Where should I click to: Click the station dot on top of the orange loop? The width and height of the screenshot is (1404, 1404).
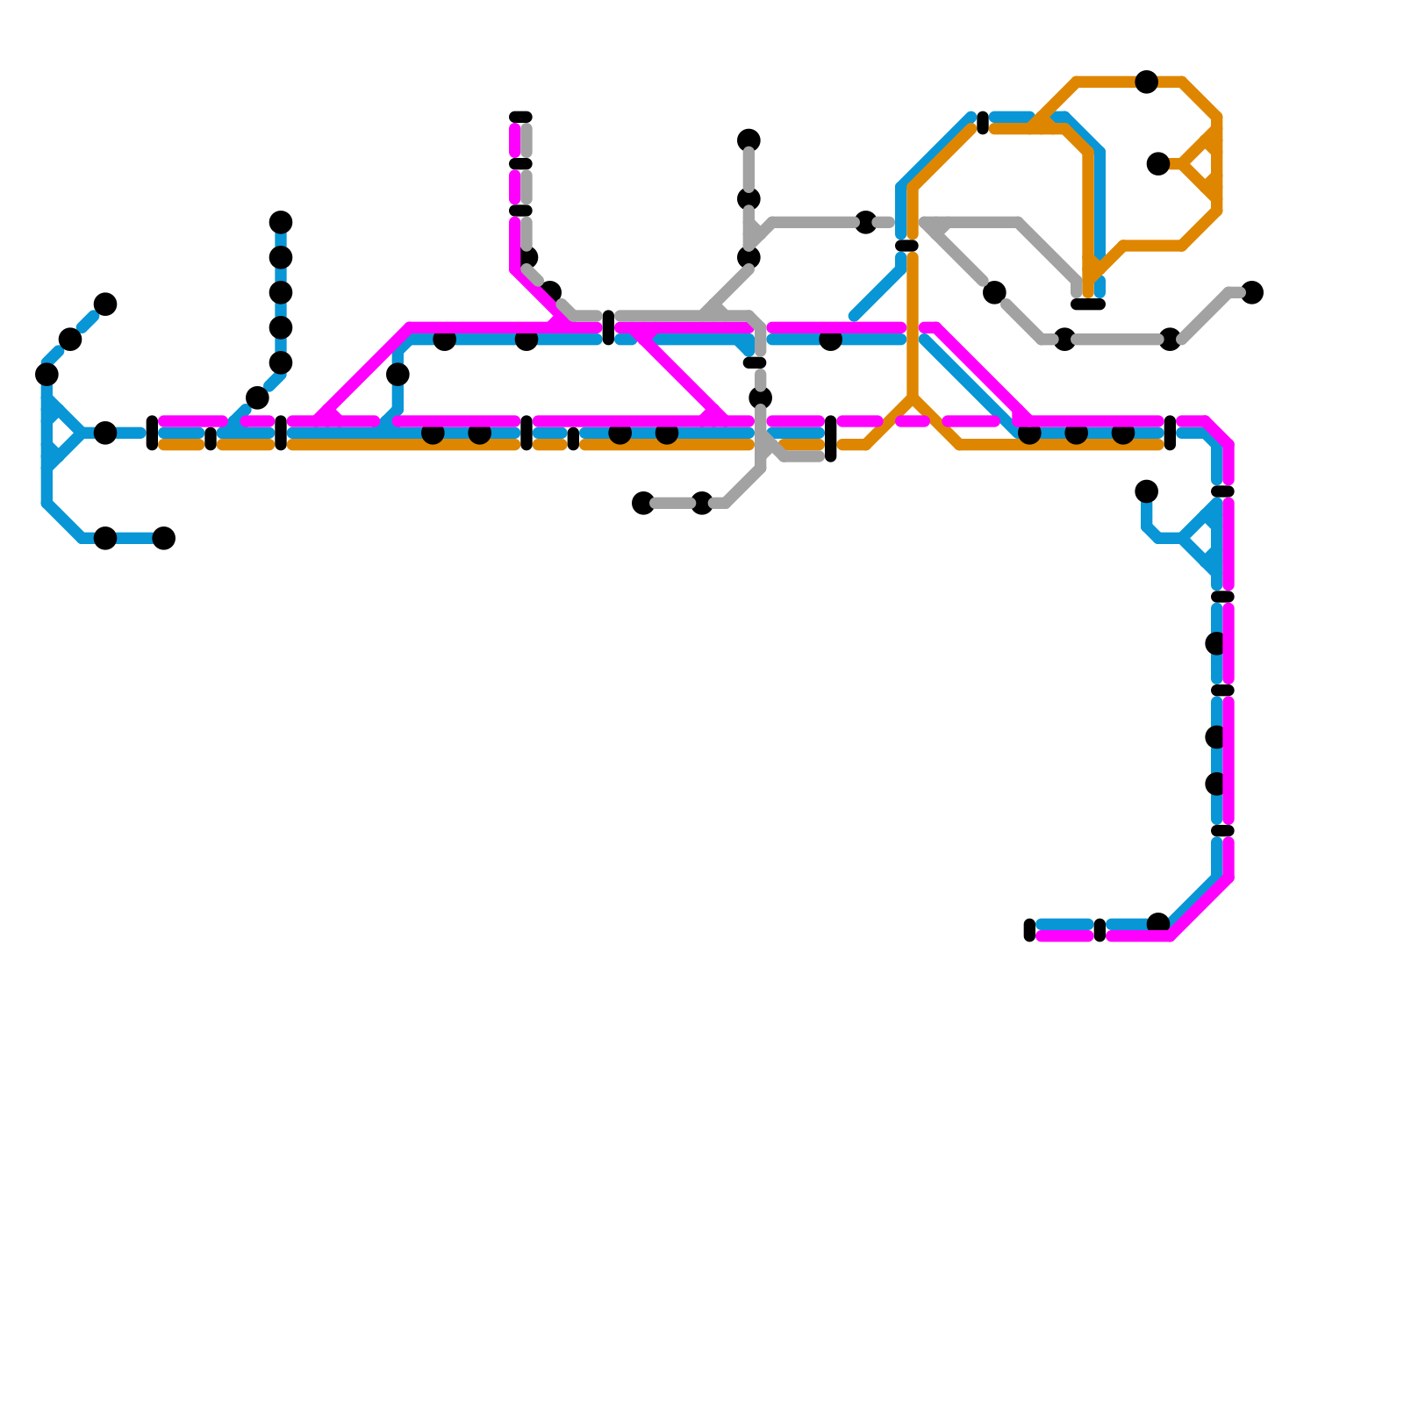[1146, 82]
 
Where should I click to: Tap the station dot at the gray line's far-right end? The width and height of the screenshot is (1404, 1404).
[1252, 292]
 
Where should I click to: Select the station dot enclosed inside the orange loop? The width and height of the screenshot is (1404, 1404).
[1158, 163]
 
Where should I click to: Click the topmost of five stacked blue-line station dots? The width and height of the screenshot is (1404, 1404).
[281, 222]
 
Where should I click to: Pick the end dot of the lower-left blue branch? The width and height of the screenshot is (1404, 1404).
[164, 538]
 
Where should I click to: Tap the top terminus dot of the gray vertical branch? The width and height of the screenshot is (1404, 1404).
[749, 140]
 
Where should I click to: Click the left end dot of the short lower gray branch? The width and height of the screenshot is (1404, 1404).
[643, 503]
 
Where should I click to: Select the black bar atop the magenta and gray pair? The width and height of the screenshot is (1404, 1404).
[520, 117]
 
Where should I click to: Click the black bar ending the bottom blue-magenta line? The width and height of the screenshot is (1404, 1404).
[1029, 930]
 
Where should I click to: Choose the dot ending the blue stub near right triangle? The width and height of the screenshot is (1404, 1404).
[1146, 491]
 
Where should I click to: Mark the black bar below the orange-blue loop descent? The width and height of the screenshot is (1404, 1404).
[1088, 304]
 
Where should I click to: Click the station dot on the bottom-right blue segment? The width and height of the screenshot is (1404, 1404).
[1158, 922]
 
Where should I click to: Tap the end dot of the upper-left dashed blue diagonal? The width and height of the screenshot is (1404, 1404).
[105, 304]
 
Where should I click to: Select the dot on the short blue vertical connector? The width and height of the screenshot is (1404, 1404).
[398, 375]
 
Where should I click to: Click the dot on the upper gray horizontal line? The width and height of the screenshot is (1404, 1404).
[865, 222]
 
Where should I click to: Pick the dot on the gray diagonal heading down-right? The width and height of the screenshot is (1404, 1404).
[994, 292]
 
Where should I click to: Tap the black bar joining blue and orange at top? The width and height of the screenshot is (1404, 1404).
[983, 123]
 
